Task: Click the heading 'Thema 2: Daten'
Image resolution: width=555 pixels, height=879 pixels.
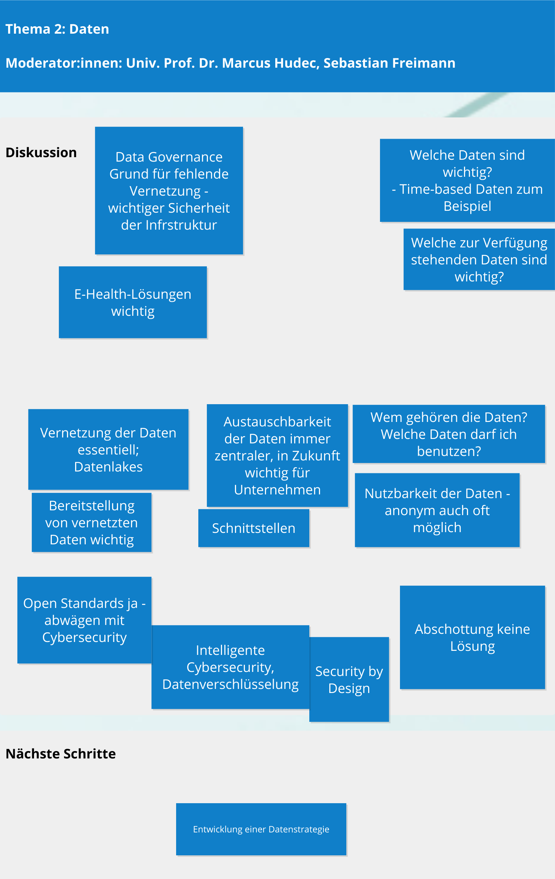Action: point(57,29)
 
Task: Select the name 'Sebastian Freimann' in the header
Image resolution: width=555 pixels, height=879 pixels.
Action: point(389,63)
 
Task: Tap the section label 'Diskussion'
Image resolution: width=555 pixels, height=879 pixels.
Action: point(41,153)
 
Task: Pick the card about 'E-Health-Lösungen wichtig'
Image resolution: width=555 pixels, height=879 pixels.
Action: point(132,302)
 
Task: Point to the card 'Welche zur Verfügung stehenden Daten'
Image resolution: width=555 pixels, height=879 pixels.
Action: point(479,260)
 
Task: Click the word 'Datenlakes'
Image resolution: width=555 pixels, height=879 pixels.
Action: point(108,467)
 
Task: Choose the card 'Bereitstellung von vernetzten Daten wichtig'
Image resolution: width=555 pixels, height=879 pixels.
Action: point(92,523)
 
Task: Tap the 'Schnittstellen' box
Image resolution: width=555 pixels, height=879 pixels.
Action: point(253,528)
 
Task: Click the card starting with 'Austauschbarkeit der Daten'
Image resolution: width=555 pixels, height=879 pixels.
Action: point(277,456)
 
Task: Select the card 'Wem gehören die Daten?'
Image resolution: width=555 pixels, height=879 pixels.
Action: point(448,434)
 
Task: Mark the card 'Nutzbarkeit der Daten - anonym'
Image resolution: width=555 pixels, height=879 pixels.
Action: point(437,510)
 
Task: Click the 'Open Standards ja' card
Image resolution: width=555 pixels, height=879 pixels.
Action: point(84,620)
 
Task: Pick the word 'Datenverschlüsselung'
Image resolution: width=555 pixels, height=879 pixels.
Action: point(231,684)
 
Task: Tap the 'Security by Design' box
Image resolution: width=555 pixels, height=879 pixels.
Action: point(349,680)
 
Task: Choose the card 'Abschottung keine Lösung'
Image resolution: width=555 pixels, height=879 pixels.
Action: point(472,638)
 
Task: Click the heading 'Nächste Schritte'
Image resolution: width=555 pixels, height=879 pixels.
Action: point(61,754)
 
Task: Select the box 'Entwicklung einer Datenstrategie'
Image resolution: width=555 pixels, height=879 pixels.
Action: point(261,829)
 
